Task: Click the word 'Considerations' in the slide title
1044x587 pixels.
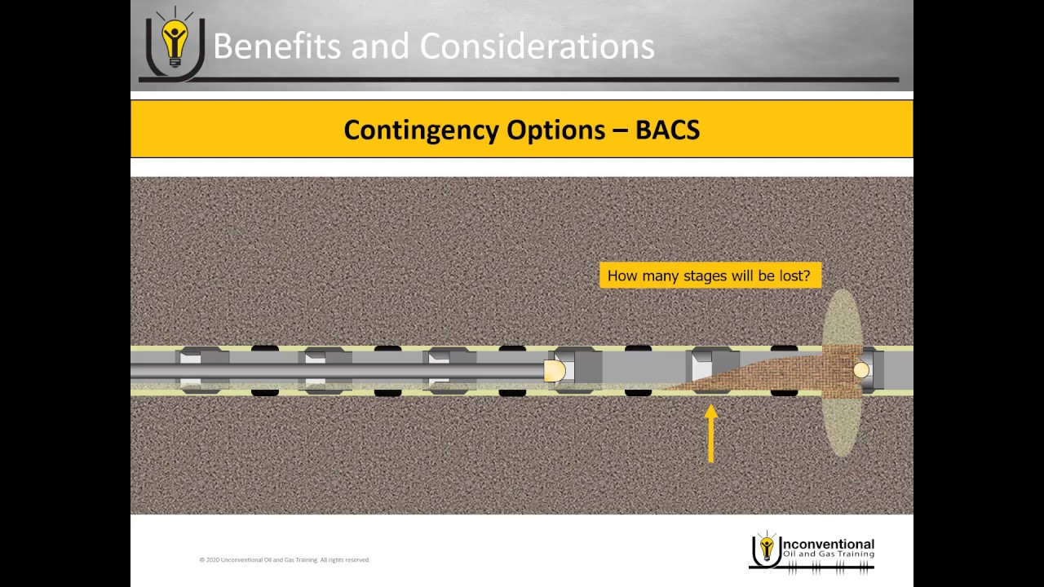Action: point(537,46)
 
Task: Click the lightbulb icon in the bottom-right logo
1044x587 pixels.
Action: point(766,548)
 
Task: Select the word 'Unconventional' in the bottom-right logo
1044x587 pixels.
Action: point(827,544)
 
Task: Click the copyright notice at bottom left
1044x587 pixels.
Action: point(285,560)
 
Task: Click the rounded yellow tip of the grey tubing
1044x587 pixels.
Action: point(555,371)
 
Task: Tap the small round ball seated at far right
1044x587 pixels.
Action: point(861,371)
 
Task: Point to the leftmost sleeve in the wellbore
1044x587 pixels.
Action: point(202,370)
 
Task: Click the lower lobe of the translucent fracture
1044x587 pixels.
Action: point(842,428)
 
